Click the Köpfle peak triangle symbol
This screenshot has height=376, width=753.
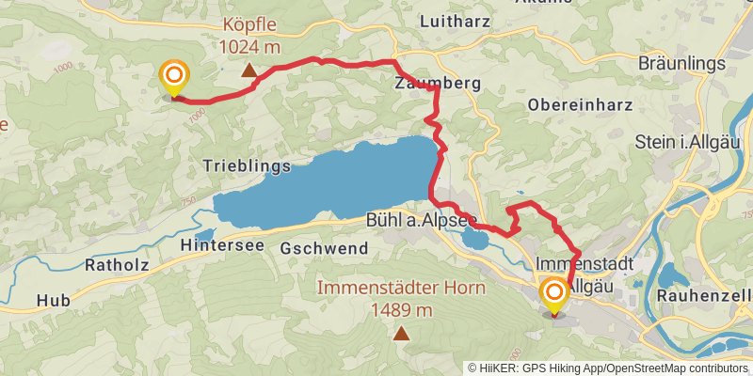point(248,70)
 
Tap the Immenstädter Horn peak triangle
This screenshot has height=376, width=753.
point(402,332)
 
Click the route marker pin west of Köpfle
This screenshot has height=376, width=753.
point(173,77)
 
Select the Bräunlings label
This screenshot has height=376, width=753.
point(682,63)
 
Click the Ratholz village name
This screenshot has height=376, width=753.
point(117,264)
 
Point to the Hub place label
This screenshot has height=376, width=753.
point(53,301)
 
